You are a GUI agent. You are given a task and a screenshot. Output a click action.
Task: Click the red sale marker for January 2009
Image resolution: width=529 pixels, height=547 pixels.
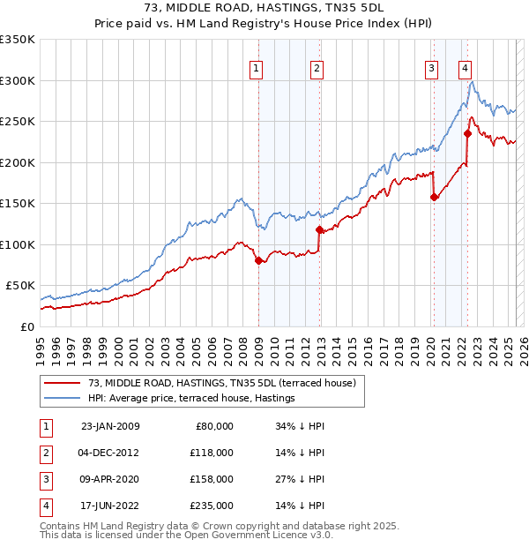(x=258, y=260)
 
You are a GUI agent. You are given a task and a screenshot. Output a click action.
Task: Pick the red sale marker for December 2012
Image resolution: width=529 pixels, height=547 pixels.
(x=319, y=229)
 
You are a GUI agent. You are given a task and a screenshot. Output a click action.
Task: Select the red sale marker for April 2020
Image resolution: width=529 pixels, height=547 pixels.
(x=434, y=197)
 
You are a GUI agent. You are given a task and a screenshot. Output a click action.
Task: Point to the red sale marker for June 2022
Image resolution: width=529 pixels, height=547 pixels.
(x=468, y=133)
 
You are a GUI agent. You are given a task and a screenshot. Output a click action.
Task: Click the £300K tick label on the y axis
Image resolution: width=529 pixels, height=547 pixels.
(x=18, y=80)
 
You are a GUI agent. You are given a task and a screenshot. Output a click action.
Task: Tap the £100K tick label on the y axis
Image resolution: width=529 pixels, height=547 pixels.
(x=18, y=244)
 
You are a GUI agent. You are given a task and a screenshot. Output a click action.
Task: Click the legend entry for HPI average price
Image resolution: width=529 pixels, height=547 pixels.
(x=190, y=398)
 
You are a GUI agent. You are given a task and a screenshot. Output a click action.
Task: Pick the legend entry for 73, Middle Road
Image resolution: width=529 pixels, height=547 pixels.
(x=220, y=383)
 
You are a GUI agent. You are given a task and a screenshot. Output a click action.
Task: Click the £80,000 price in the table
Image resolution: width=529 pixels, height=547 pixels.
(x=213, y=426)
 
